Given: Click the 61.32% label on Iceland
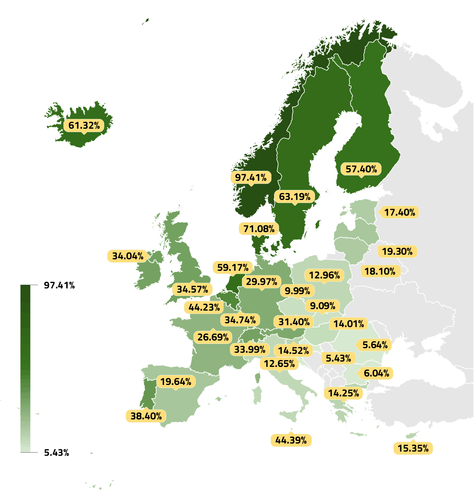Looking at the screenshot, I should (x=84, y=125).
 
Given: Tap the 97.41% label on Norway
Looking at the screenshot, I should (x=251, y=177).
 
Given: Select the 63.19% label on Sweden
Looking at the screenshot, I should (x=294, y=196).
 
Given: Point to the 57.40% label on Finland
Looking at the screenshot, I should (x=361, y=169).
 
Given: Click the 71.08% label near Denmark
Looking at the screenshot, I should (x=259, y=229).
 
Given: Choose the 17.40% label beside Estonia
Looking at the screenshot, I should (x=399, y=212).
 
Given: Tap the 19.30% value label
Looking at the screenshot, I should (x=397, y=251).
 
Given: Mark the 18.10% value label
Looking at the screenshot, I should (x=380, y=271).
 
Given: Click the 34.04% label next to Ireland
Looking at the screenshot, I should (x=128, y=256).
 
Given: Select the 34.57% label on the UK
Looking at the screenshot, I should (x=192, y=289).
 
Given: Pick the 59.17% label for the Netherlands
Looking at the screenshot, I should (x=233, y=267).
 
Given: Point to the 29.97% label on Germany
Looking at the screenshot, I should (x=261, y=282).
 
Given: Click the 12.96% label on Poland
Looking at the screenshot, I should (x=324, y=275).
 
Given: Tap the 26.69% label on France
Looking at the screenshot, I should (x=213, y=337).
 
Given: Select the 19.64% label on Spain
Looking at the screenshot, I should (x=176, y=381).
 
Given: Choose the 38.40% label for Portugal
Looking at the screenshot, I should (x=146, y=416).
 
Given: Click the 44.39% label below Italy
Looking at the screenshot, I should (x=291, y=440).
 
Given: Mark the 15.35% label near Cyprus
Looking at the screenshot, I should (x=413, y=448).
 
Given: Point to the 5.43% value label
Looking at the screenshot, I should (x=338, y=358).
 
